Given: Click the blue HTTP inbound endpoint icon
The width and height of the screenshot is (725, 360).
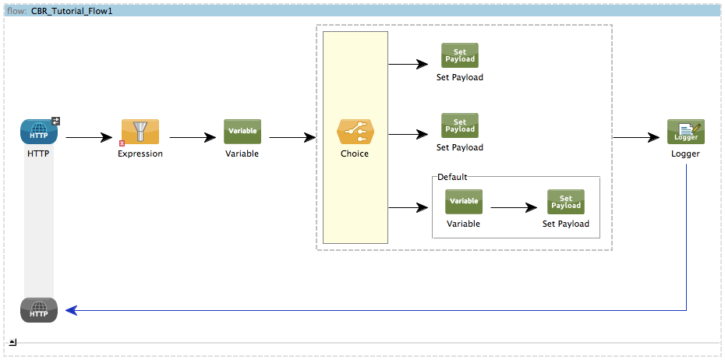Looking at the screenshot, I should click(x=38, y=132).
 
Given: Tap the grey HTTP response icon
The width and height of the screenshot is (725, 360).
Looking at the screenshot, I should click(x=38, y=310).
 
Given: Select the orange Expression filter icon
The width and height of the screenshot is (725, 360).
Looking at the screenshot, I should click(x=140, y=132).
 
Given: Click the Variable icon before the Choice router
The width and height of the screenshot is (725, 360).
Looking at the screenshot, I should click(x=242, y=132).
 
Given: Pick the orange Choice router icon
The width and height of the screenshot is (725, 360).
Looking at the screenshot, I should click(x=355, y=132).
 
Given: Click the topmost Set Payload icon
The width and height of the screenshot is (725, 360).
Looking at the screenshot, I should click(x=460, y=55).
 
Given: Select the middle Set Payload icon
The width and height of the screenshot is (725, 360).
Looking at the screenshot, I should click(x=460, y=125).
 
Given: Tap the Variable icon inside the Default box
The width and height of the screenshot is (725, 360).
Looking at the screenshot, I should click(x=464, y=202).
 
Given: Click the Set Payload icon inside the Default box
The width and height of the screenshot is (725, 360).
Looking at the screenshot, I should click(x=566, y=202).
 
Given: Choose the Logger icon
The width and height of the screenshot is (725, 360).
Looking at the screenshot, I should click(x=685, y=132).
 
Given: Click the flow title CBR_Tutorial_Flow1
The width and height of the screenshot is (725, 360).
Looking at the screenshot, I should click(x=72, y=12).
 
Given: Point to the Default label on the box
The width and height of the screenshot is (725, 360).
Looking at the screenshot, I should click(x=452, y=177).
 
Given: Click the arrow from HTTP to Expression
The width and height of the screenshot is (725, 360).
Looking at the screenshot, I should click(x=90, y=138).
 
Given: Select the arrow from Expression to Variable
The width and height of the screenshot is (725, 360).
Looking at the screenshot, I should click(x=193, y=138).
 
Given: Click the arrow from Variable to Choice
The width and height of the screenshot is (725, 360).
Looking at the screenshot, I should click(x=292, y=138).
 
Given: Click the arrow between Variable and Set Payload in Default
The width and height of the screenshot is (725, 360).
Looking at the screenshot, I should click(x=515, y=208).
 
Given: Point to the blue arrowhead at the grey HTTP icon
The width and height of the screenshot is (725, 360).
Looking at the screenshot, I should click(x=71, y=310).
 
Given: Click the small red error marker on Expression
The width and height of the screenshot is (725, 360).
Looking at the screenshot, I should click(x=122, y=143).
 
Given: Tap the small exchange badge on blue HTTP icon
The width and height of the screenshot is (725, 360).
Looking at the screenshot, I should click(x=56, y=121).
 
